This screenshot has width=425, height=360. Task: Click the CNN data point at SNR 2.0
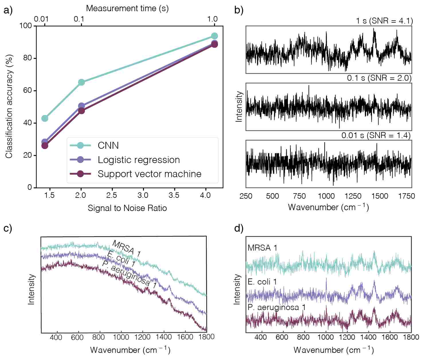81,82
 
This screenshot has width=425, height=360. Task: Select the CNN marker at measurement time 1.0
214,36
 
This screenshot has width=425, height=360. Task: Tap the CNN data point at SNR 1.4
45,118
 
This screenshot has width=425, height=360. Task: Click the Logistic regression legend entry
139,160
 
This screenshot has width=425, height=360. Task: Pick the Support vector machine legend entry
149,174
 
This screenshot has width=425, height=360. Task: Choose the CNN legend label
108,146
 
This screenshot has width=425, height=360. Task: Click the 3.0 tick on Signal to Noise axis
143,196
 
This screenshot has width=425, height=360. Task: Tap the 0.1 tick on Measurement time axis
79,19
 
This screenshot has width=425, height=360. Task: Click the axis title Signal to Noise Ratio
127,208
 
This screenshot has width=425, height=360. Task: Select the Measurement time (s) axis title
127,8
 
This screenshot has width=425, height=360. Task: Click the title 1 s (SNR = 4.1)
384,21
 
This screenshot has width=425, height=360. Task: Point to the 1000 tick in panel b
326,196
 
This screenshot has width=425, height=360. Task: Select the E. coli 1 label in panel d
262,282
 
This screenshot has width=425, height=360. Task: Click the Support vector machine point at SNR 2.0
81,111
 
